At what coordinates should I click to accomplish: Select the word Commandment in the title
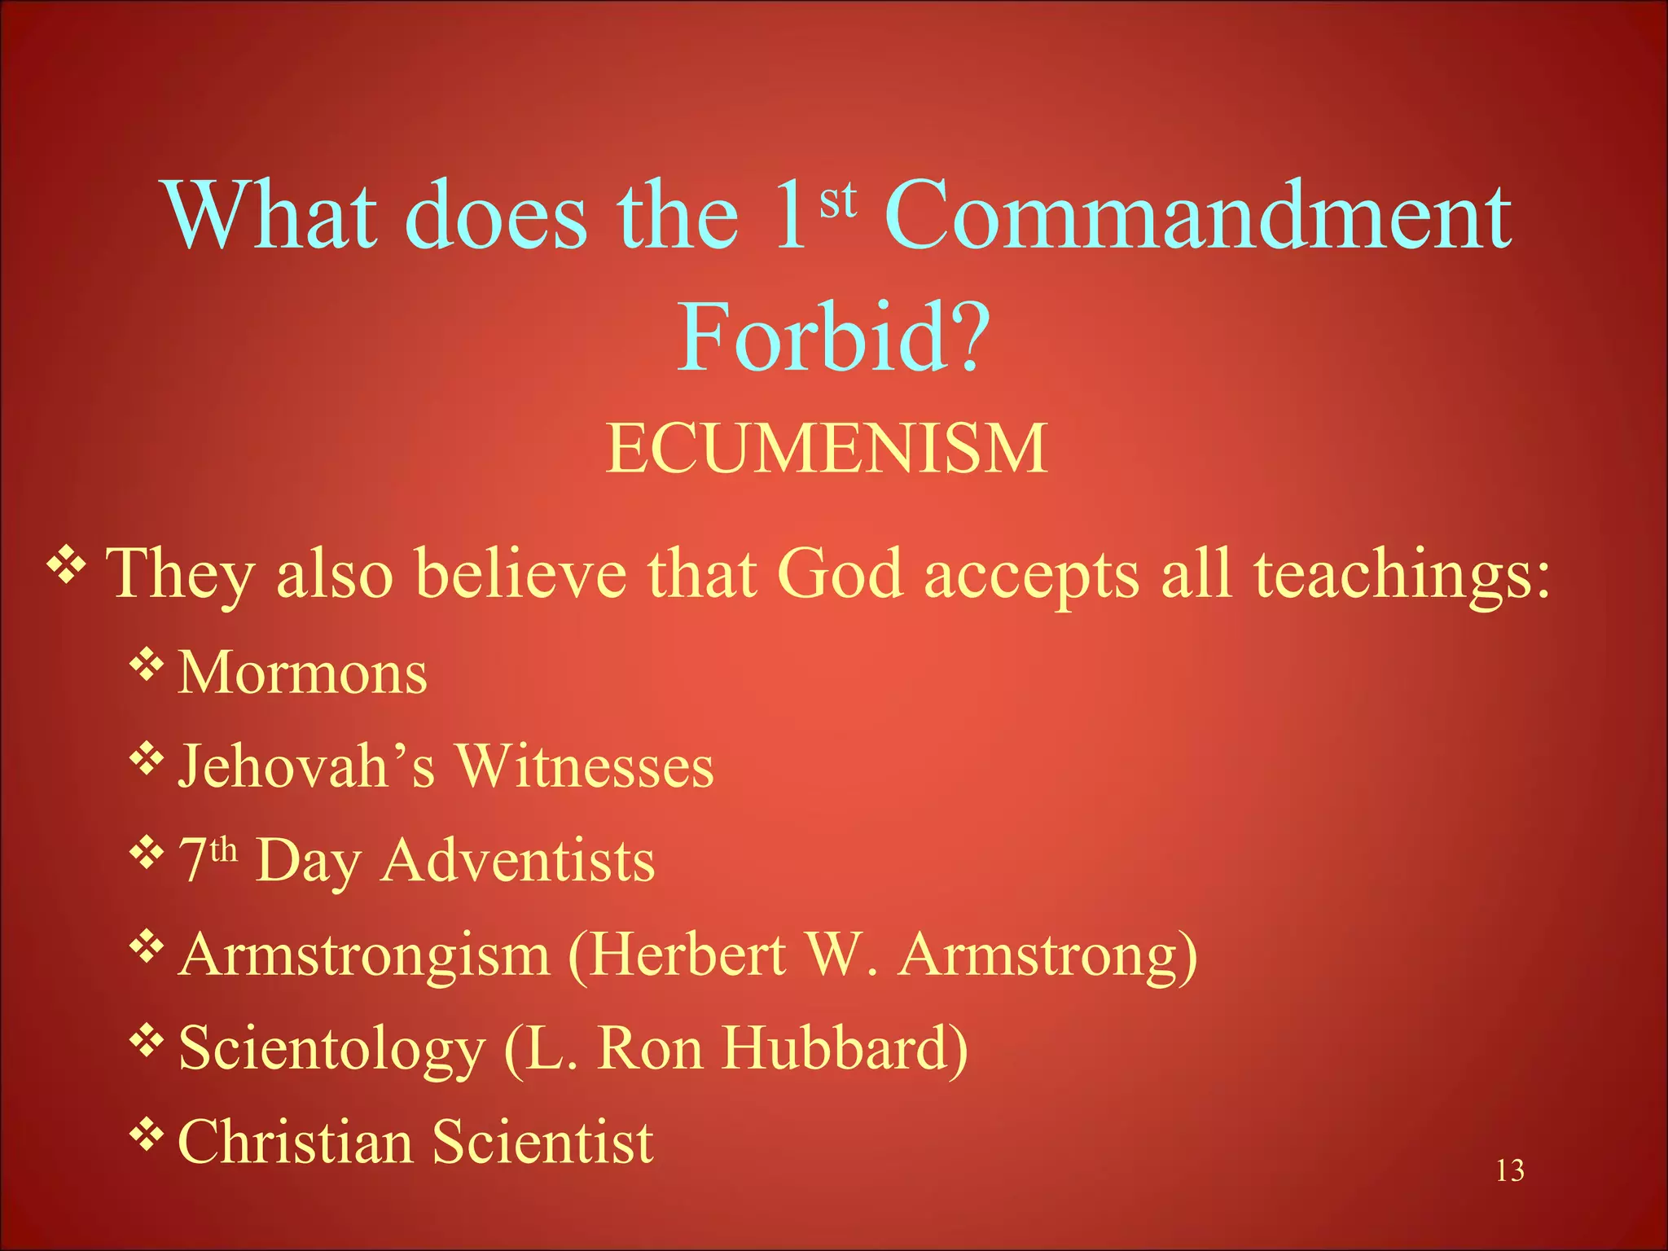(x=1198, y=215)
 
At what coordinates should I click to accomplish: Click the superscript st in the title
(x=838, y=200)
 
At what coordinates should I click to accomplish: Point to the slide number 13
(x=1510, y=1170)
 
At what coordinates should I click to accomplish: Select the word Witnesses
(x=584, y=766)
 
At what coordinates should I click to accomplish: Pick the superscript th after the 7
(x=223, y=849)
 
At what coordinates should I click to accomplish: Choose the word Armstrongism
(x=365, y=954)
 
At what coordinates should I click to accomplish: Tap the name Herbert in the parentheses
(x=687, y=954)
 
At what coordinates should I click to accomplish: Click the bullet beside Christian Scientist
(x=146, y=1133)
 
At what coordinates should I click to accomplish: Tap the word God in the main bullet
(x=840, y=573)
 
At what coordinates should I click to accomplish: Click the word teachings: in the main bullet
(x=1402, y=575)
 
